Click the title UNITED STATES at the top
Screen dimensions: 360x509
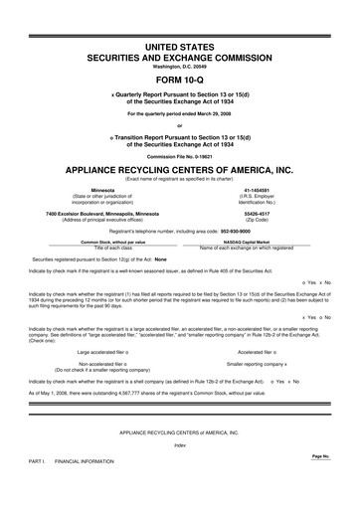180,47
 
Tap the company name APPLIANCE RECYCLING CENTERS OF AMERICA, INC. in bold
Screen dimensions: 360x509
180,168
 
